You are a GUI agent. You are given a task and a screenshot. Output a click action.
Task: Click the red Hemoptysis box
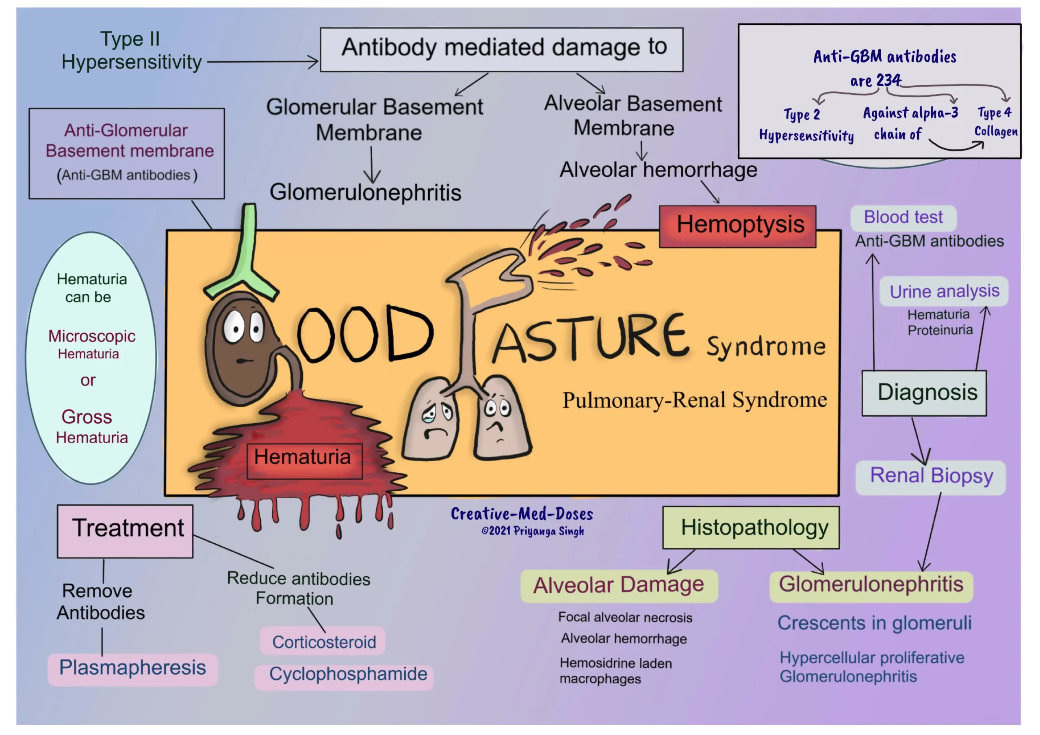pyautogui.click(x=737, y=226)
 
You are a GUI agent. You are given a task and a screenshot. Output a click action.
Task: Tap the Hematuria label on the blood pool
pyautogui.click(x=304, y=460)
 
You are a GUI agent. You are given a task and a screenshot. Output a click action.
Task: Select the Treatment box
pyautogui.click(x=125, y=531)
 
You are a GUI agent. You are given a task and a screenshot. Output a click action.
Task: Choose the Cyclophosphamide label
pyautogui.click(x=347, y=675)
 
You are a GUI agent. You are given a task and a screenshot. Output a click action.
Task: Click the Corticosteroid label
pyautogui.click(x=323, y=642)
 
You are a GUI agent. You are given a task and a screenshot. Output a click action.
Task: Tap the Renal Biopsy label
pyautogui.click(x=930, y=477)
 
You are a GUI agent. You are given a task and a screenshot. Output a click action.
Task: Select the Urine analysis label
pyautogui.click(x=944, y=291)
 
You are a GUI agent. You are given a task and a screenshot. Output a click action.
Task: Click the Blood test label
pyautogui.click(x=903, y=217)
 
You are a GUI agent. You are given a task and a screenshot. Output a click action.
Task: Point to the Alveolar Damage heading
pyautogui.click(x=618, y=586)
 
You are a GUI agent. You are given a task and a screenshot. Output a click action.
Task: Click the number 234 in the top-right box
pyautogui.click(x=888, y=81)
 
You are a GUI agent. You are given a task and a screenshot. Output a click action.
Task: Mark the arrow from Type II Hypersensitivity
pyautogui.click(x=263, y=62)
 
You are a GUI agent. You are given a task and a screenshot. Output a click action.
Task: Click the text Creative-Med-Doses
pyautogui.click(x=521, y=514)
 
